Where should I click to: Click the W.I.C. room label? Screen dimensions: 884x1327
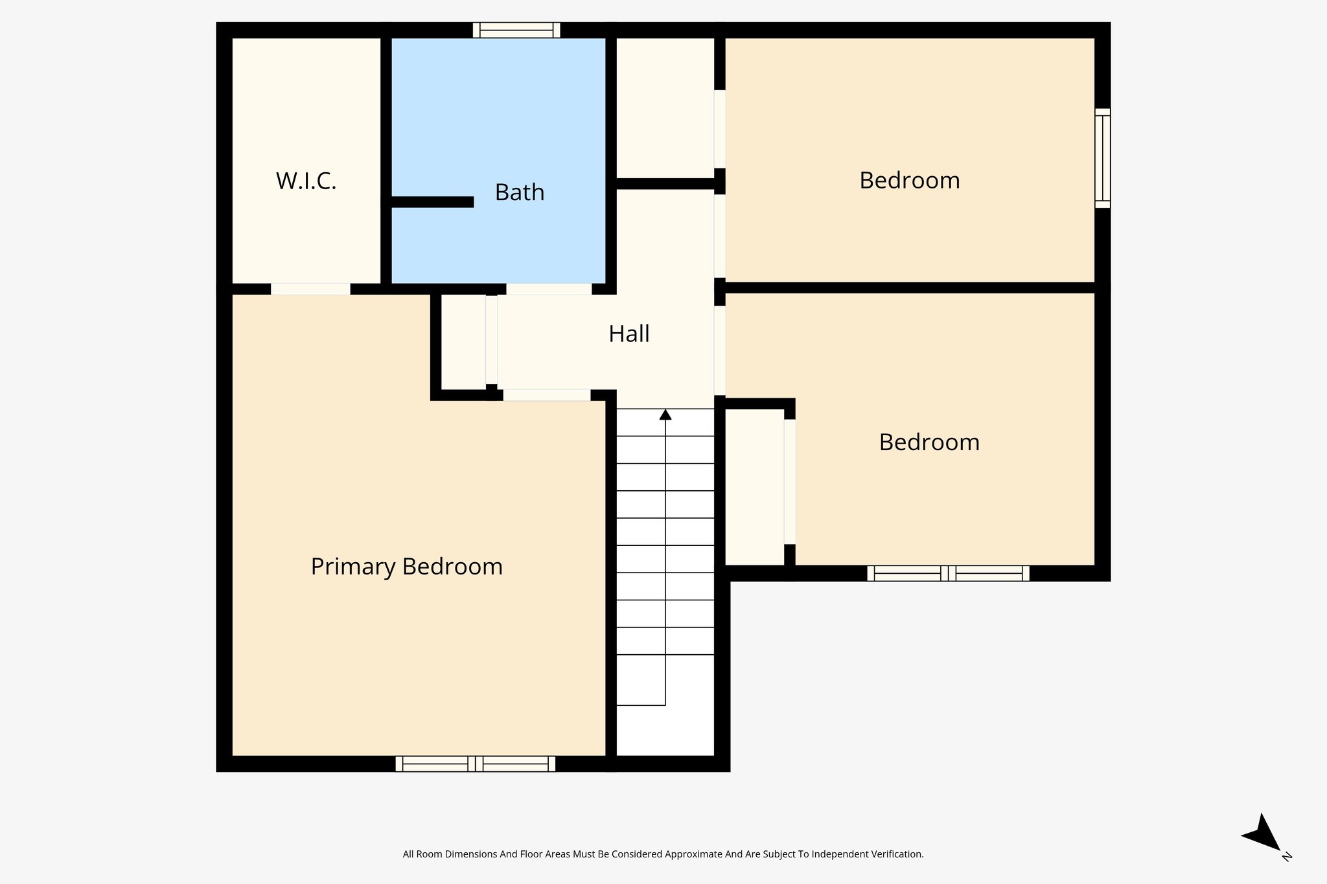click(306, 181)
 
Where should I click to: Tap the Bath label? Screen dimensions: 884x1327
click(519, 192)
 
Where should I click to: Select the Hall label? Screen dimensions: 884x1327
click(629, 334)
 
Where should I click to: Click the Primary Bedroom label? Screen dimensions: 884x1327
click(406, 567)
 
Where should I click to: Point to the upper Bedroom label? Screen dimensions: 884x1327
click(909, 181)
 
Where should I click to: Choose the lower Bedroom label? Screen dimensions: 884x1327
click(929, 442)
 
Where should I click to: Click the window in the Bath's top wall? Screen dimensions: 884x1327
click(516, 30)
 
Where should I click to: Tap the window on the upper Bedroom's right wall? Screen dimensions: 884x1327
click(1102, 158)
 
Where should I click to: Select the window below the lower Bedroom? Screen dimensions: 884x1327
click(947, 573)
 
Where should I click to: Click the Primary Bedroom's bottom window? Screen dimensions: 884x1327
click(475, 764)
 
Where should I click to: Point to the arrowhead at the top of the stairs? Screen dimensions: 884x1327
click(665, 414)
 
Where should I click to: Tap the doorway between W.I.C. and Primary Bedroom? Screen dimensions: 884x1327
click(310, 289)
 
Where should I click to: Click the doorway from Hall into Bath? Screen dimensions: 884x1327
click(548, 289)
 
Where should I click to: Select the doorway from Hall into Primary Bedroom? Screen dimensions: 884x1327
click(546, 395)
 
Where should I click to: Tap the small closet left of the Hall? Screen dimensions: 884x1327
click(463, 342)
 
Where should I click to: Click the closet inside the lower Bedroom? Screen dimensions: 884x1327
click(754, 486)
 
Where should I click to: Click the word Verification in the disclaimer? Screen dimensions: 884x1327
click(899, 854)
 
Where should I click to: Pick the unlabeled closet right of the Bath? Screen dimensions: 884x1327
click(664, 107)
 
